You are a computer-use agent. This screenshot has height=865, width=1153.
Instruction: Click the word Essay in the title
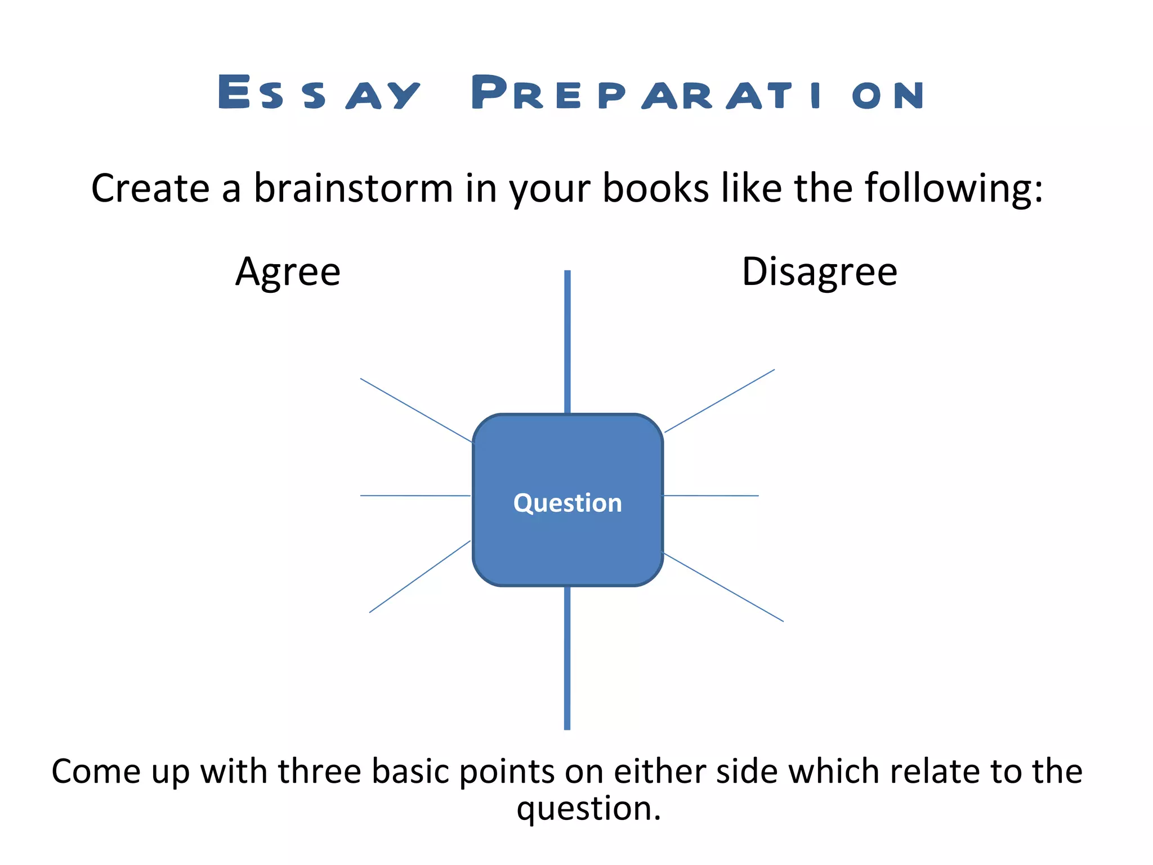click(x=319, y=93)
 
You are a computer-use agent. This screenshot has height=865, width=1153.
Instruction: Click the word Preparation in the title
click(x=697, y=93)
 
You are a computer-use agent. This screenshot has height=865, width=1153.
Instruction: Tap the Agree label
click(x=288, y=272)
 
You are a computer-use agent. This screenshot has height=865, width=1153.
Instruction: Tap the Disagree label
click(x=819, y=272)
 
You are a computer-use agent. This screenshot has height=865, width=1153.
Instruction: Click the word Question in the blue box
click(x=567, y=502)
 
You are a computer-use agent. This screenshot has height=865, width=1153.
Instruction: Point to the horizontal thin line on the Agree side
click(x=415, y=496)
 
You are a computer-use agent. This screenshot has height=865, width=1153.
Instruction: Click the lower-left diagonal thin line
click(x=419, y=577)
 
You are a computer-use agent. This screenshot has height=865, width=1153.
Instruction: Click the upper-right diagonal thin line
click(x=719, y=401)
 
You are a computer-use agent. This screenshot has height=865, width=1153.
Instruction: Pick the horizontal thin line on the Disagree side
click(x=710, y=496)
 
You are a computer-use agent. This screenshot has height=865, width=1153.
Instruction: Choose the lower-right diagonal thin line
click(x=723, y=587)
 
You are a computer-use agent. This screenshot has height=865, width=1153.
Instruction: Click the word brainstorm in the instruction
click(x=353, y=188)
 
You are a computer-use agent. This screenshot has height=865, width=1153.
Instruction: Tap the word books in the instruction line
click(x=655, y=188)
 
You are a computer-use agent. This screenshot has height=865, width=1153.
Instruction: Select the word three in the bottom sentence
click(x=319, y=771)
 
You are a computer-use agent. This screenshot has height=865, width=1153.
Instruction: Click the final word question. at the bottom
click(x=588, y=809)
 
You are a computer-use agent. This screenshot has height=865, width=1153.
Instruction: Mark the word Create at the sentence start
click(x=150, y=188)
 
